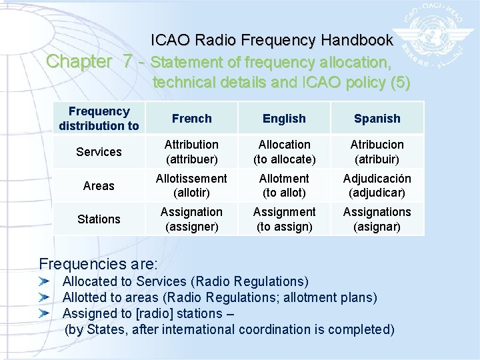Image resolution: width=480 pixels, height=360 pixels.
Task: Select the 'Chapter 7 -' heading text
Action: click(96, 62)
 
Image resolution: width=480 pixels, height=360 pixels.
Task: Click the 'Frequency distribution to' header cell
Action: click(99, 119)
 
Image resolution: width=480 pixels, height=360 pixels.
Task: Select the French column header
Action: click(191, 119)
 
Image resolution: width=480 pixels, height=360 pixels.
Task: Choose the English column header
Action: click(284, 119)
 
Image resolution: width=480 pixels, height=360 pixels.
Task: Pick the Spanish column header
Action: click(377, 119)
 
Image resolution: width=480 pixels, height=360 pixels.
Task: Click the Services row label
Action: click(99, 152)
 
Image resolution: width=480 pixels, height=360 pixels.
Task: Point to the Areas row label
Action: click(99, 186)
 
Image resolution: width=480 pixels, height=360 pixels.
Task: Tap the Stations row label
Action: click(99, 219)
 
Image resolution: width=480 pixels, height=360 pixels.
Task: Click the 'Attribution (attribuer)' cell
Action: click(191, 152)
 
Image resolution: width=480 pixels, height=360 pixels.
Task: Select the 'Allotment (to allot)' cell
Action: click(284, 186)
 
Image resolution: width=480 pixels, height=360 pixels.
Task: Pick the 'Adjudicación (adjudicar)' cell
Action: click(377, 186)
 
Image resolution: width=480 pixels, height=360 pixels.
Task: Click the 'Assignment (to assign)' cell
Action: click(284, 219)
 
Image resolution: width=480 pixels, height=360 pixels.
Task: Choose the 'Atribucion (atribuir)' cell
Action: click(377, 152)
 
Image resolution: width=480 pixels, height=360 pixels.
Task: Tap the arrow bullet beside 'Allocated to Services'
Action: click(45, 282)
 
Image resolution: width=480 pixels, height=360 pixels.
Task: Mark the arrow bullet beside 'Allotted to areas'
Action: click(45, 297)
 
